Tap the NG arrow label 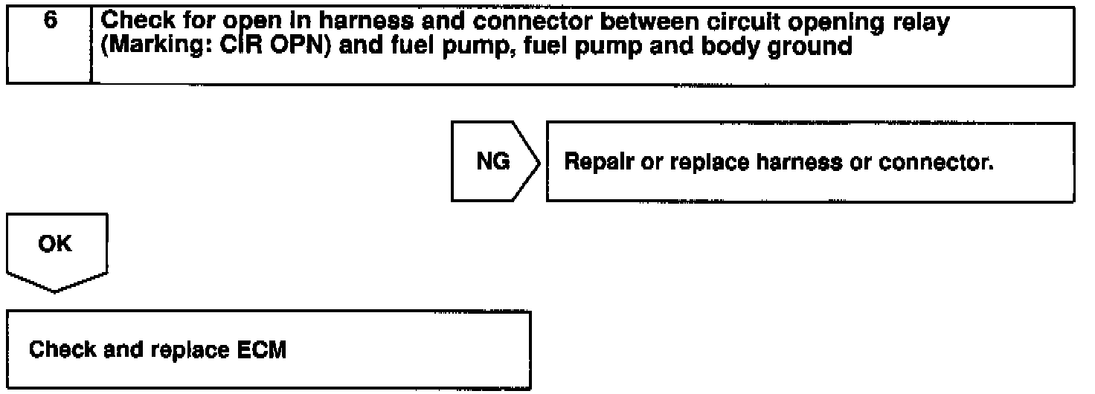492,161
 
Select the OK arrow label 57,245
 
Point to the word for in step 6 197,24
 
